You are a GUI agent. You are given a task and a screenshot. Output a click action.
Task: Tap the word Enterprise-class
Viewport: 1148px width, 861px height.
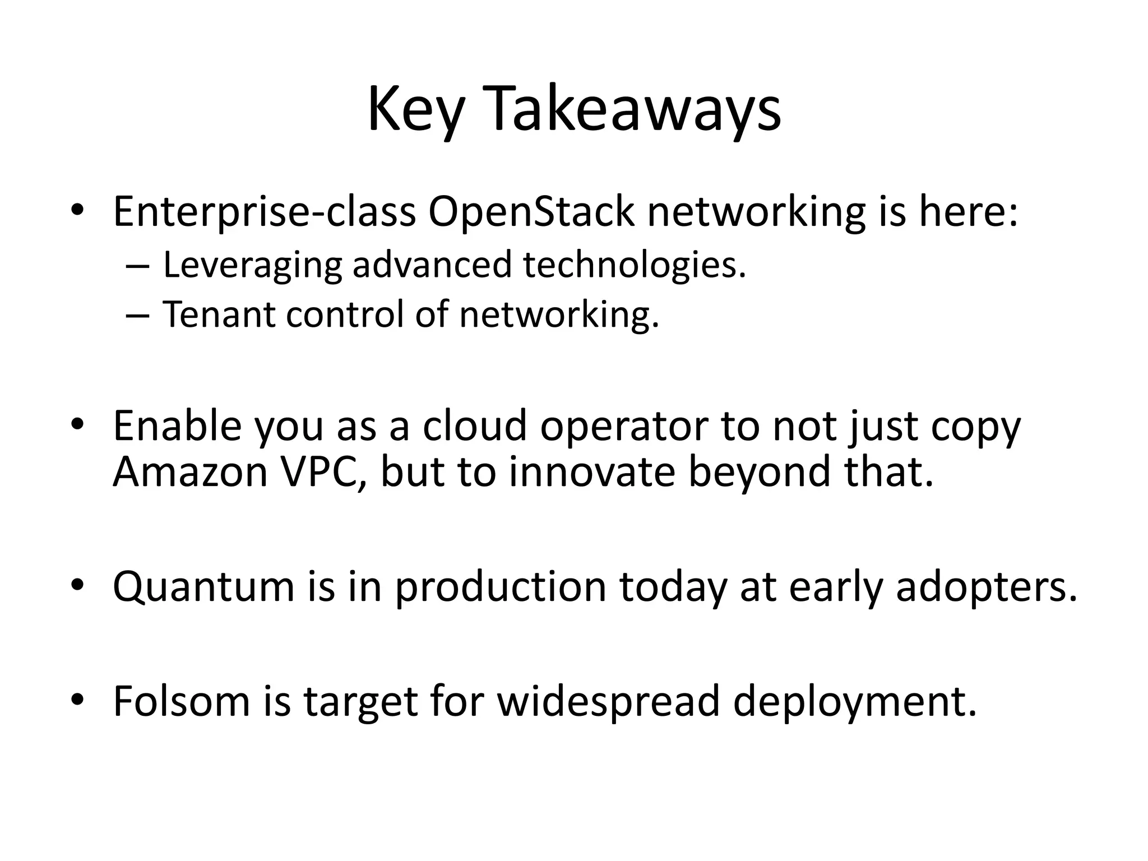(264, 213)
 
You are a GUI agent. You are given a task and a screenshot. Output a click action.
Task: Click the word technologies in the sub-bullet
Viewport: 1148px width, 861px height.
(634, 265)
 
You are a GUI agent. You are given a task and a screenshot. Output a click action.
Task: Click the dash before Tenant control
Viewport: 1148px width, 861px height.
(137, 315)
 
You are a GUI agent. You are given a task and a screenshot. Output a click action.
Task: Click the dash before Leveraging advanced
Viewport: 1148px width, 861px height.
(137, 266)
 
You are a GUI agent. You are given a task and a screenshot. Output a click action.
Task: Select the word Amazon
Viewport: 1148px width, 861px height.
(190, 472)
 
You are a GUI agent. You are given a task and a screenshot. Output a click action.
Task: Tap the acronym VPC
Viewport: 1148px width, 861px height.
(323, 472)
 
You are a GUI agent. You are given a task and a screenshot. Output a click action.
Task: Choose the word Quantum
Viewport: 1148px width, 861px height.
(203, 587)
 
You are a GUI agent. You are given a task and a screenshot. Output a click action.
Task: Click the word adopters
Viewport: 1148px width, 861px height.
(986, 587)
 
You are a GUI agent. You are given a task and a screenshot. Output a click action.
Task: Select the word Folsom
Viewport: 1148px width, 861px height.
(181, 701)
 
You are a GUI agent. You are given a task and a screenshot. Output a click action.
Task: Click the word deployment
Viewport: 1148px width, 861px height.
(855, 701)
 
